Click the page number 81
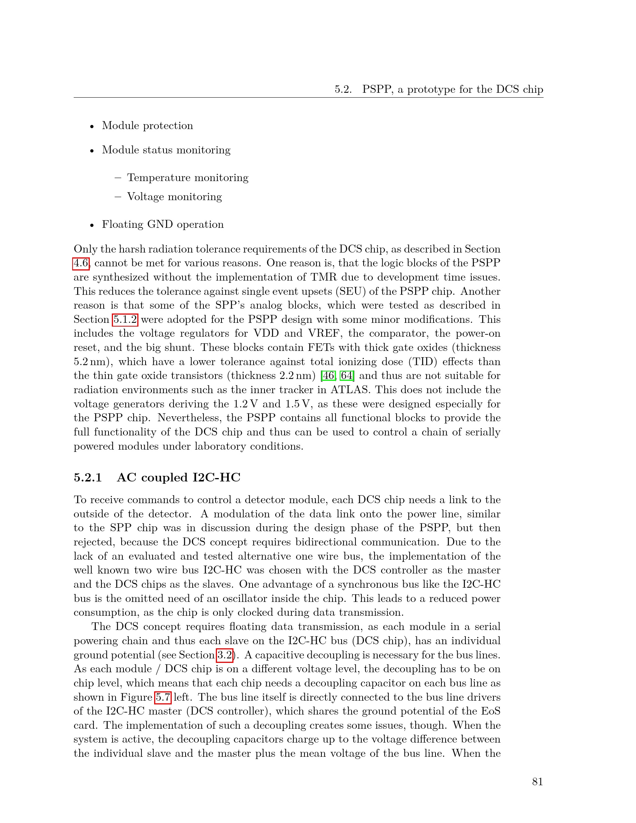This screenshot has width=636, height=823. point(537,781)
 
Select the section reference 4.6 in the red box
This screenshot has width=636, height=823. point(81,263)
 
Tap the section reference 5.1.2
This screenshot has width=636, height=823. point(125,319)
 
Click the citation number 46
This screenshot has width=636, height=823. point(327,376)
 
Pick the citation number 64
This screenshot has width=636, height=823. point(347,376)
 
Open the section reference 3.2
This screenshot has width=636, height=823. point(224,655)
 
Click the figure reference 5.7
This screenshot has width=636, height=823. point(163,697)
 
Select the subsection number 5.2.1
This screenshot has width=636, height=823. point(88,477)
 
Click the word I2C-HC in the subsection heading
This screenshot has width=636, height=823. point(216,477)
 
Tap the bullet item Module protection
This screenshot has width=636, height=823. point(147,125)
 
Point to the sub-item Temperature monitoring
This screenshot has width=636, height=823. point(188,177)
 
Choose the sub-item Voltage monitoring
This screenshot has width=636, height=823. point(174,196)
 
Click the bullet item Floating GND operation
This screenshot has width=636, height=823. point(163,224)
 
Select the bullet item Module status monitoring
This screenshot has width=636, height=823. point(166,150)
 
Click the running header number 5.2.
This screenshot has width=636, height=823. point(343,89)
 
